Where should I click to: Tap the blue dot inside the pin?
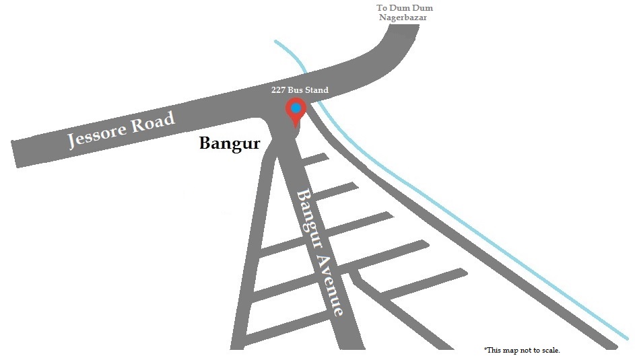coord(296,108)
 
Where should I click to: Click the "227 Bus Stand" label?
coord(300,89)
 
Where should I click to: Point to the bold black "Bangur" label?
coord(230,143)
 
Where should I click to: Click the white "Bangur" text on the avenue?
coord(310,219)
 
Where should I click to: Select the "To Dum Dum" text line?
coord(405,7)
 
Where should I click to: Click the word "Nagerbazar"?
coord(403,17)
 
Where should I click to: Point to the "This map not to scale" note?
coord(522,350)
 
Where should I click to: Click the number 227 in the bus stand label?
coord(278,89)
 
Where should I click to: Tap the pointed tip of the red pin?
coord(295,128)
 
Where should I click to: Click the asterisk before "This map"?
coord(485,349)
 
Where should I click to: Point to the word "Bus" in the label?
coord(295,89)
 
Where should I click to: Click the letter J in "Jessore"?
coord(71,141)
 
